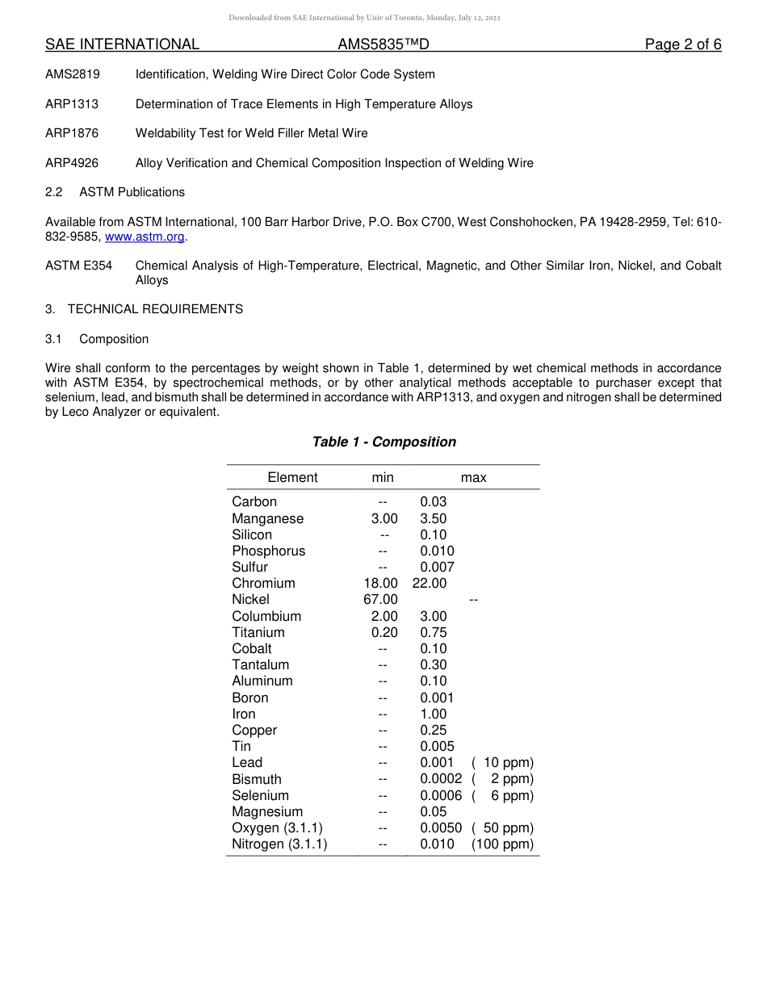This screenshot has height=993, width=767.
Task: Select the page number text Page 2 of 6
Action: tap(682, 44)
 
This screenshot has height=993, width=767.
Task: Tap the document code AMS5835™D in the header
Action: tap(383, 44)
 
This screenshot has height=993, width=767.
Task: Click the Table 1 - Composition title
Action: tap(383, 442)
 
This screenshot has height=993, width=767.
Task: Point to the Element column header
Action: tap(292, 477)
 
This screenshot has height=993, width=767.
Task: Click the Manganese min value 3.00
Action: tap(384, 518)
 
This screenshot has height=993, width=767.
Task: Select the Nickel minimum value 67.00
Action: tap(381, 599)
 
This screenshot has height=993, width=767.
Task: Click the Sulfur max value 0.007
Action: tap(437, 567)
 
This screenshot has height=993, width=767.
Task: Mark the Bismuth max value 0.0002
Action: tap(441, 779)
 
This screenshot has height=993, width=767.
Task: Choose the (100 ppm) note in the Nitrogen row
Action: tap(502, 844)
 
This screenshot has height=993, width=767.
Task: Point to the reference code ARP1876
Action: tap(72, 133)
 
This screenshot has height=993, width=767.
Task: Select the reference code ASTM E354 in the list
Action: tap(78, 266)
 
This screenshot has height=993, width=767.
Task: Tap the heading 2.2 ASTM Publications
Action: tap(115, 192)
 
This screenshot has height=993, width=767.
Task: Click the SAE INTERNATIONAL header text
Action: tap(122, 44)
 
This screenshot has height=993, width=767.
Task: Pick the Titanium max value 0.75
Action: tap(433, 632)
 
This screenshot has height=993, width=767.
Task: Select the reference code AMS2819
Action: tap(73, 74)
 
